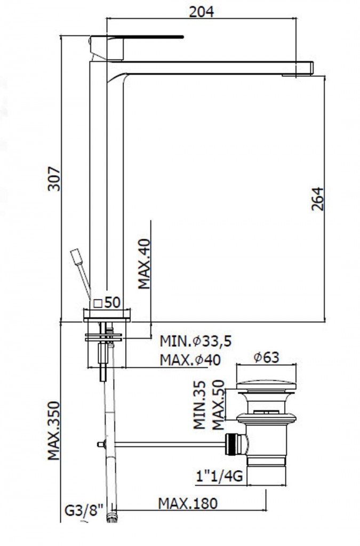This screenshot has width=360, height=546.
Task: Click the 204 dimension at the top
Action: point(201,12)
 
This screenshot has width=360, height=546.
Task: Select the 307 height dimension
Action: point(54,179)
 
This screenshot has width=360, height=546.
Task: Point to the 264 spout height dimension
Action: point(317,199)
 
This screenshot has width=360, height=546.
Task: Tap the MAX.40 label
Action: point(143,264)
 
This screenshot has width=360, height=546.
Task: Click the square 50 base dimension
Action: point(107,302)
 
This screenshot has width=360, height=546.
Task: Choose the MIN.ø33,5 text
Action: point(196,341)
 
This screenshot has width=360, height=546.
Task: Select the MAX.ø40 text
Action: point(190,360)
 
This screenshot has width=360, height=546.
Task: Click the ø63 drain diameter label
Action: point(266,357)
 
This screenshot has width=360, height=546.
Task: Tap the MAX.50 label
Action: point(218,405)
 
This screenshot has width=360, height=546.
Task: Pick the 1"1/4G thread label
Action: point(219,476)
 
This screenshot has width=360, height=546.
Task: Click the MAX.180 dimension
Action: point(188,503)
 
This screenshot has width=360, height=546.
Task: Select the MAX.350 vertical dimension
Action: point(54,431)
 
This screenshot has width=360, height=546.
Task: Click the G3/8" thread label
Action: point(84,511)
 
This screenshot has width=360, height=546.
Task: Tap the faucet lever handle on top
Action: point(136,37)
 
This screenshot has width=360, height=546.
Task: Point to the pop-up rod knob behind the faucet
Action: point(77,256)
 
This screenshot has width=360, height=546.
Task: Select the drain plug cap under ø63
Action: point(266,386)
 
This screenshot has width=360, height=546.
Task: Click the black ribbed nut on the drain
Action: point(231,444)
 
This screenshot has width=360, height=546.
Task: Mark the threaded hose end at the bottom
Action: point(112,517)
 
